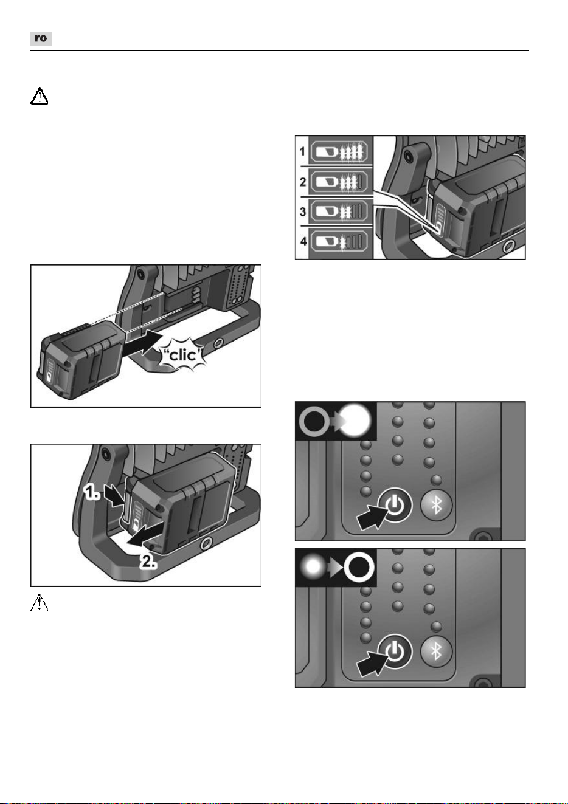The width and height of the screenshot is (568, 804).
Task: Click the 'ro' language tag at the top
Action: [x=41, y=38]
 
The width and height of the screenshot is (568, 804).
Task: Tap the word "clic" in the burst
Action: [x=183, y=355]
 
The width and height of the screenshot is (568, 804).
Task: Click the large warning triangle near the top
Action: [x=39, y=96]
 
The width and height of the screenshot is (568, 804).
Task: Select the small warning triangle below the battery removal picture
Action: [x=39, y=603]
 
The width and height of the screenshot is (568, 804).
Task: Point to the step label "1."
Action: [x=91, y=492]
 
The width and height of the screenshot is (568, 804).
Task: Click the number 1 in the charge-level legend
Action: [x=302, y=151]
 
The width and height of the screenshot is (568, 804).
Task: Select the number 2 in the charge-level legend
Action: [x=302, y=182]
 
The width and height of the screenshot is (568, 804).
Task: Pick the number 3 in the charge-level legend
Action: [x=302, y=211]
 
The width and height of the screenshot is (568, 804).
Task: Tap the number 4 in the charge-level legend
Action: [x=303, y=241]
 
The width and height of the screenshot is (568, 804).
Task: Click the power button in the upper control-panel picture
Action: [x=395, y=506]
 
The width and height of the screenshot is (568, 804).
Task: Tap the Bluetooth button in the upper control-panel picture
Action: [x=436, y=506]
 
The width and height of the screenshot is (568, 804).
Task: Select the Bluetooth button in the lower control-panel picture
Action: [x=436, y=651]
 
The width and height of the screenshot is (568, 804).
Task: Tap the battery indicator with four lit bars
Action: [x=339, y=151]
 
